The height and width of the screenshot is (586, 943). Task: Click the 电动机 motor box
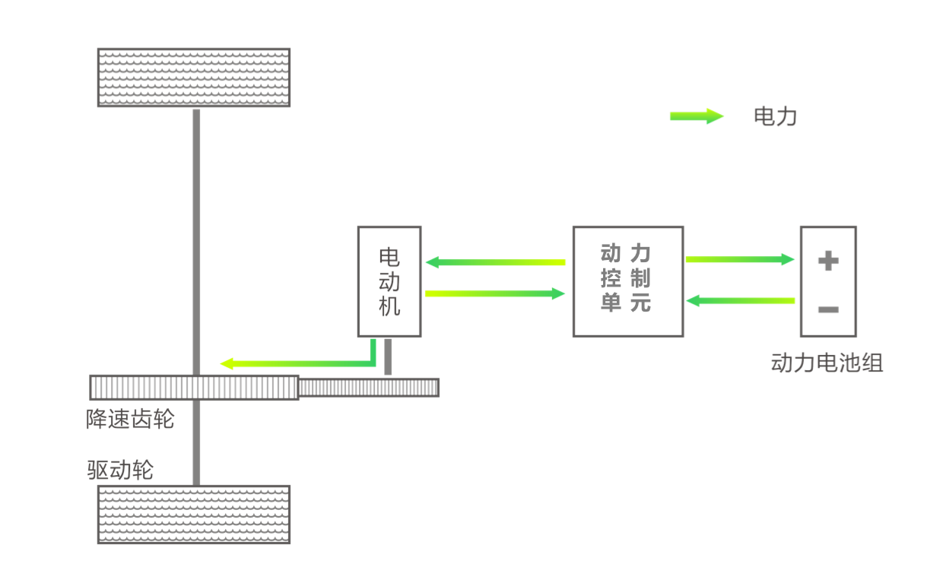[x=389, y=281]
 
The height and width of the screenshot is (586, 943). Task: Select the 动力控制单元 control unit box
[x=627, y=281]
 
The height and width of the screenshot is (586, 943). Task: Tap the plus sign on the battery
[x=827, y=261]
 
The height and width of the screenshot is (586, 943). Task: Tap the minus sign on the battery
[x=827, y=310]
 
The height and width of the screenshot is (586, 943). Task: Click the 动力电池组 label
[x=827, y=363]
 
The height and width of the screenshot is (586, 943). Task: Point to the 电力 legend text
[x=774, y=116]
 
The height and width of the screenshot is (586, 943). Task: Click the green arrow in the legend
[x=696, y=116]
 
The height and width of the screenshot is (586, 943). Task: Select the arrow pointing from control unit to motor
[x=494, y=263]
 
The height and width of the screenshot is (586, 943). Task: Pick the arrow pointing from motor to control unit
[x=494, y=293]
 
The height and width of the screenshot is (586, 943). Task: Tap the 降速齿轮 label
[x=130, y=420]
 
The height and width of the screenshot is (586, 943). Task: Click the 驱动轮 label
[x=120, y=470]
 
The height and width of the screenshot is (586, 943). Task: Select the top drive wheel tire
[x=194, y=78]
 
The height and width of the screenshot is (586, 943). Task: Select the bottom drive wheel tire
[x=194, y=515]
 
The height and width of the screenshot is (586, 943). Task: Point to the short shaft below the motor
[x=388, y=356]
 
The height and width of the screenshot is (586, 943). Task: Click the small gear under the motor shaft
[x=370, y=388]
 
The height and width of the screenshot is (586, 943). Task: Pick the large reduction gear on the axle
[x=194, y=388]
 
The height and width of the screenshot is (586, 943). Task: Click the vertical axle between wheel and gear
[x=197, y=236]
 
